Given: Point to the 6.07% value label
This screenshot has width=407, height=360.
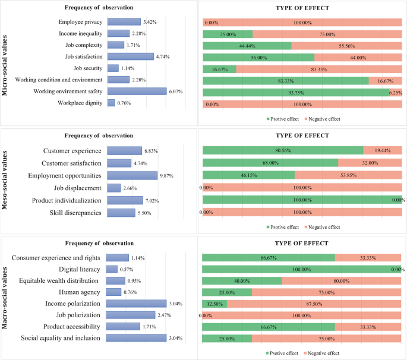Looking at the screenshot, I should coord(177,91).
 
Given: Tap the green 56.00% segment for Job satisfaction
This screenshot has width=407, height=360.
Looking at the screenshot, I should coord(258,57).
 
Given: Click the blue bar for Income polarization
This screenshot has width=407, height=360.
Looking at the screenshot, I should coord(136,304).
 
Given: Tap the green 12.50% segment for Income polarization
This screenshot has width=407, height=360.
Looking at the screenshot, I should coord(214,304).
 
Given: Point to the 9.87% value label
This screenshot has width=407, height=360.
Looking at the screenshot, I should coord(166,176).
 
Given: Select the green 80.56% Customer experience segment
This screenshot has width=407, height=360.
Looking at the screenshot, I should coord(283,150).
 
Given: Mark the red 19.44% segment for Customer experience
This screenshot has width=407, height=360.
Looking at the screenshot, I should coord(382,150).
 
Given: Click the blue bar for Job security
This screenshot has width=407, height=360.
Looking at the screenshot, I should coord(113,68).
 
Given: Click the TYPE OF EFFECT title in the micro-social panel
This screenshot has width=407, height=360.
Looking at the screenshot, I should coord(302,8).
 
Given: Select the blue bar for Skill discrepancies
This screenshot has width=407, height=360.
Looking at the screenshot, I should coord(121,213).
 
